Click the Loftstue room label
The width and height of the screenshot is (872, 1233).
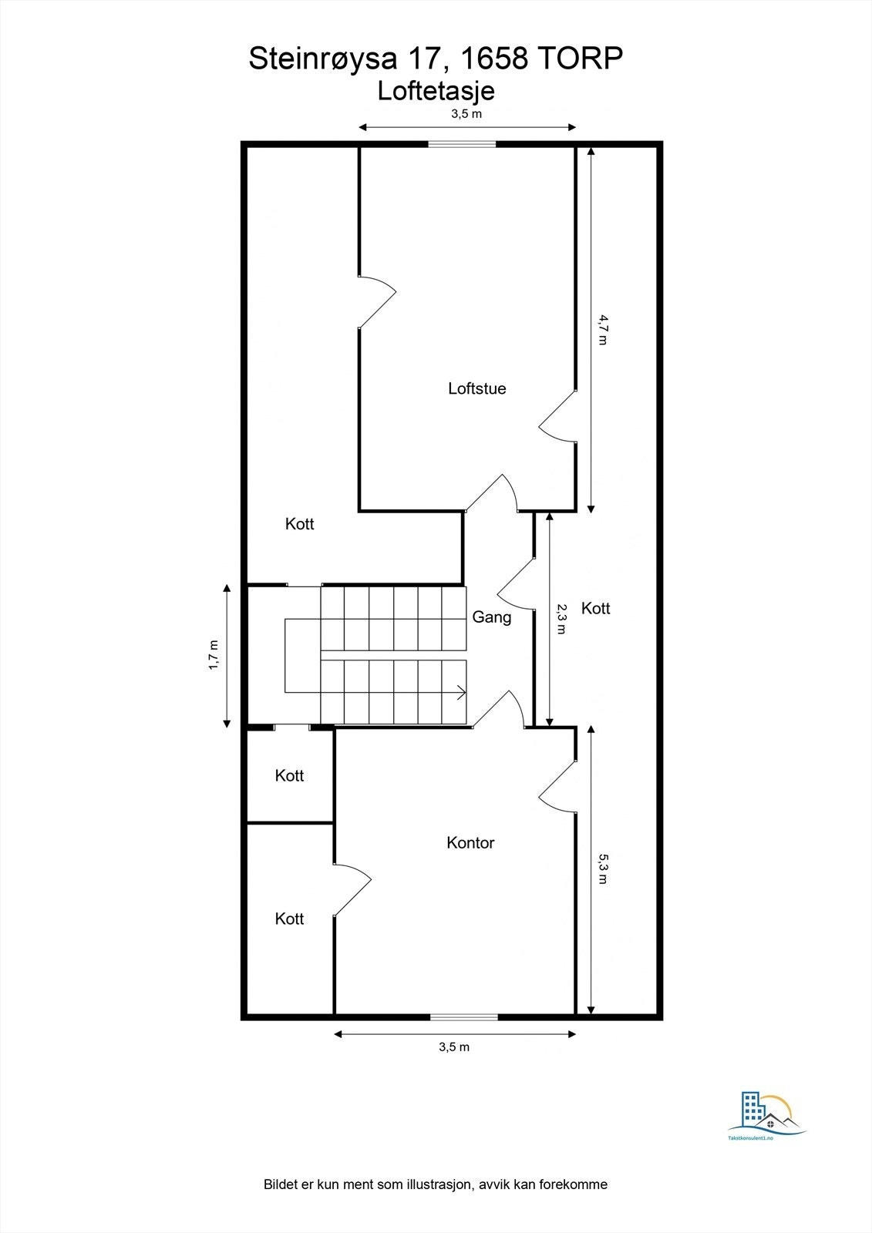(477, 388)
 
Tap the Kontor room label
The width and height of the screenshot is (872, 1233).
(470, 843)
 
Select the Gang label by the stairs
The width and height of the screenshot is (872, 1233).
(492, 617)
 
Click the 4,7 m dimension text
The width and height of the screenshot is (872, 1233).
(602, 329)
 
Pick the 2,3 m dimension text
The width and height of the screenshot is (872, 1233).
(561, 619)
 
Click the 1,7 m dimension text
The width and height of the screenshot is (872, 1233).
(214, 656)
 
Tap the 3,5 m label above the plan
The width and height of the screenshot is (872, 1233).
(466, 114)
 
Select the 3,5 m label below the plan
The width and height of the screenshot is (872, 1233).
(454, 1047)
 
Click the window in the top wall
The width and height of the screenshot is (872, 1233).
(462, 143)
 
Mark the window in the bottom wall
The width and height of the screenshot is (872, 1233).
(464, 1016)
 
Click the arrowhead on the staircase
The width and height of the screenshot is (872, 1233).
(462, 692)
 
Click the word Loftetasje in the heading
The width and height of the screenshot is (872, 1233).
(436, 91)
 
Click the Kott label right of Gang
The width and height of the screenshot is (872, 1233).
(595, 609)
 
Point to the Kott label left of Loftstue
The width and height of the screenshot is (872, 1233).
(299, 524)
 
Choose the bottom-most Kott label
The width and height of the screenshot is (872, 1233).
(289, 919)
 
